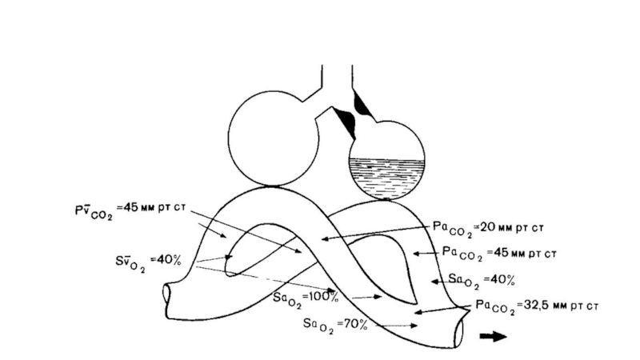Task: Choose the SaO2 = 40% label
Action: [x=481, y=280]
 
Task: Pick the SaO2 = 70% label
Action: [x=334, y=324]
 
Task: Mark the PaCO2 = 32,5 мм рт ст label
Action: [x=532, y=306]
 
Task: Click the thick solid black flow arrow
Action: [x=493, y=336]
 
